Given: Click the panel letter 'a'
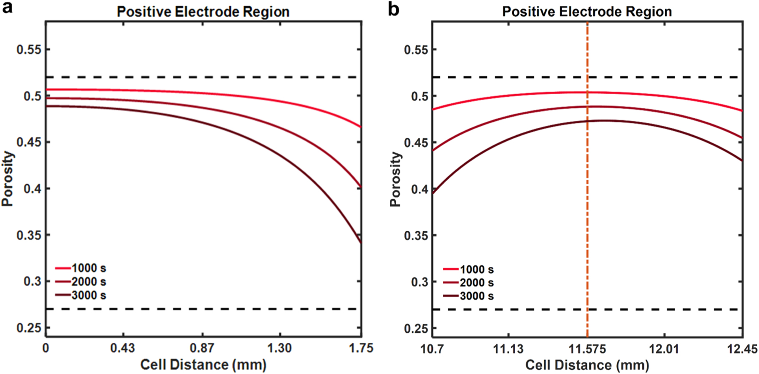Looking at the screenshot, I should pos(7,8).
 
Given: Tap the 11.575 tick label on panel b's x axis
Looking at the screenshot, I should pos(587,349).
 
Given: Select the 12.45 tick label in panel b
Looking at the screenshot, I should pos(742,349).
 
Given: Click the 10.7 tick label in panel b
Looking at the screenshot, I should pos(432,349).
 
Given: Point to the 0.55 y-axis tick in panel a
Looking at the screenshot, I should pos(29,50).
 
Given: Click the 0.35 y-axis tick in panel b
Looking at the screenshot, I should pos(416,236).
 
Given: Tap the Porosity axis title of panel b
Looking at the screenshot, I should pos(395,179).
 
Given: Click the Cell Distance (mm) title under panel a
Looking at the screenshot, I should pos(203,365).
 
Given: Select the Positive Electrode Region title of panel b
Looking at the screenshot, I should pos(587,12).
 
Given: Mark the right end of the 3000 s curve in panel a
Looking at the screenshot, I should pos(360,242).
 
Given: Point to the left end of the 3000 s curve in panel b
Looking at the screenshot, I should pos(433,193).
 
